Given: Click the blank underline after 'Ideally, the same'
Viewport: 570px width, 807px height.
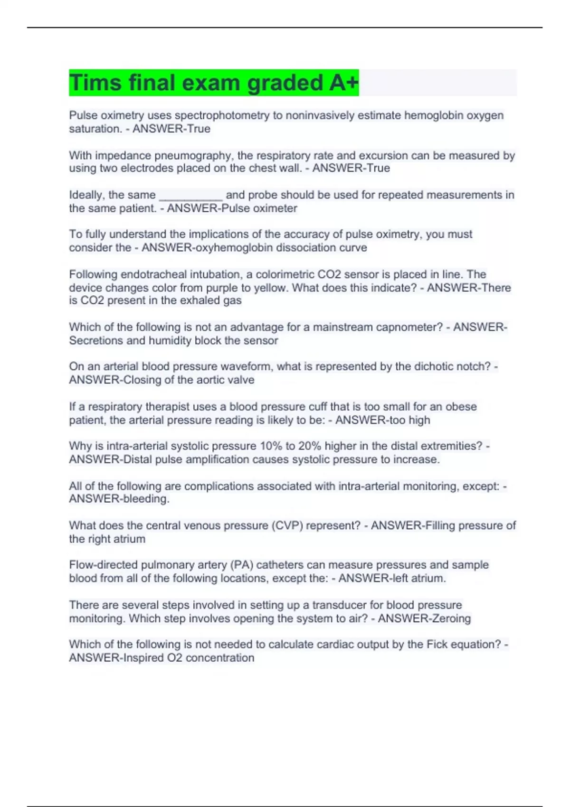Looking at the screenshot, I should click(190, 195).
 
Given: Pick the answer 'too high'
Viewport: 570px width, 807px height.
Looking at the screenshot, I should click(409, 420).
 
